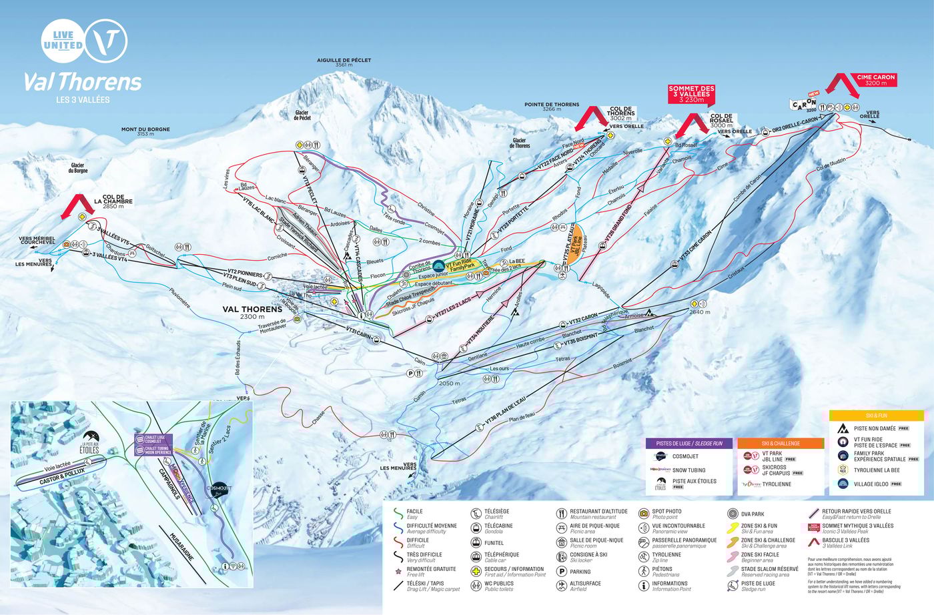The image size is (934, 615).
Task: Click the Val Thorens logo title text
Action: click(83, 81)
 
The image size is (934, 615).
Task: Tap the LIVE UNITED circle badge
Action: click(63, 41)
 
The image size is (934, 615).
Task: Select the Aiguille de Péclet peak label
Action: click(344, 62)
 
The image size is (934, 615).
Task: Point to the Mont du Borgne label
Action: click(145, 131)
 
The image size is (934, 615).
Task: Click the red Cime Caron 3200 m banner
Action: click(875, 80)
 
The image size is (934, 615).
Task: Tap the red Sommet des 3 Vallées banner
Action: click(691, 94)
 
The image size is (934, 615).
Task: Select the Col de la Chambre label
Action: click(113, 201)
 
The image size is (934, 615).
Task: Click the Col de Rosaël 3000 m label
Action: click(721, 121)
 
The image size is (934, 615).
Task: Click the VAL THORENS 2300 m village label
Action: click(252, 312)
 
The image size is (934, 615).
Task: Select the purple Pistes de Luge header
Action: click(688, 443)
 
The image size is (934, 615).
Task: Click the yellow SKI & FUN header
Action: click(876, 415)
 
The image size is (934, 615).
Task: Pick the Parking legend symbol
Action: click(562, 572)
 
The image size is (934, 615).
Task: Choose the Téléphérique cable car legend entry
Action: click(476, 557)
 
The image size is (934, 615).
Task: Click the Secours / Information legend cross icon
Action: click(476, 572)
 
